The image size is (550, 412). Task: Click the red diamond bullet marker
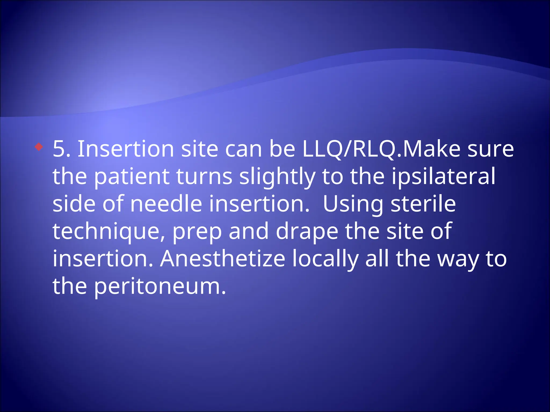[39, 147]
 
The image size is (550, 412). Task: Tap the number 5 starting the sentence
[59, 149]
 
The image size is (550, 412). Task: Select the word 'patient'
[132, 177]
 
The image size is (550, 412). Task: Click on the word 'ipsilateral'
[443, 177]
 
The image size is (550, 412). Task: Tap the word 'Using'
[353, 204]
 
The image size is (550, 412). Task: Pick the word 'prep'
[197, 232]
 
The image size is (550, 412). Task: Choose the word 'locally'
[325, 259]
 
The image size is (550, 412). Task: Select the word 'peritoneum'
[160, 286]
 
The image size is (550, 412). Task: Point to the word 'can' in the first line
[243, 149]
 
